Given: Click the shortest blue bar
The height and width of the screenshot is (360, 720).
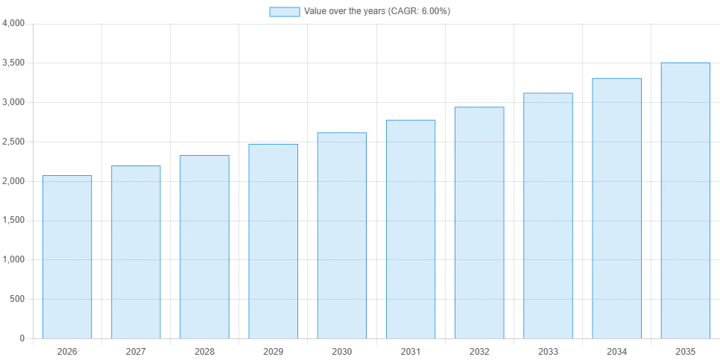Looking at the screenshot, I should pyautogui.click(x=68, y=256).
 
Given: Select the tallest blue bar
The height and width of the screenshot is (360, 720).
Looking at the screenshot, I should pyautogui.click(x=685, y=200).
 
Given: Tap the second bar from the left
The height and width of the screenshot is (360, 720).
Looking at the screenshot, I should pyautogui.click(x=134, y=250).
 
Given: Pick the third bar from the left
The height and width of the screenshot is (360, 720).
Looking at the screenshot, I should pyautogui.click(x=205, y=247).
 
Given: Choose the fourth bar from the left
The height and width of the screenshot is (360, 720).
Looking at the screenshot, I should pyautogui.click(x=271, y=241).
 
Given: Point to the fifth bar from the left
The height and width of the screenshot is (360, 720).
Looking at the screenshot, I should pyautogui.click(x=342, y=235).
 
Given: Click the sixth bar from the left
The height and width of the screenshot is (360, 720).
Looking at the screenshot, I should pyautogui.click(x=411, y=229).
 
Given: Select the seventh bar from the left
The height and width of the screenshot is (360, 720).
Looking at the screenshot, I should pyautogui.click(x=479, y=222).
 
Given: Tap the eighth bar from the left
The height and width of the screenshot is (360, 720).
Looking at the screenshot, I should pyautogui.click(x=548, y=215).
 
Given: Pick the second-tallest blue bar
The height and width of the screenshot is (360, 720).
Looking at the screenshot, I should pyautogui.click(x=617, y=208).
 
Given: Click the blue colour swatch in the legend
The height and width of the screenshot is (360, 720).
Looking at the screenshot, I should pyautogui.click(x=285, y=12).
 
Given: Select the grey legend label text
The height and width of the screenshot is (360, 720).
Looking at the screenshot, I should pyautogui.click(x=378, y=12).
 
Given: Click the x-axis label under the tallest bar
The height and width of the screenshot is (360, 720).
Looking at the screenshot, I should pyautogui.click(x=685, y=350).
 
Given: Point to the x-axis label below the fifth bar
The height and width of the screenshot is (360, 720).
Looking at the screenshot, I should pyautogui.click(x=341, y=350).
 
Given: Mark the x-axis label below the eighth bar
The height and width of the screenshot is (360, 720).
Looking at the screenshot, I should pyautogui.click(x=548, y=350).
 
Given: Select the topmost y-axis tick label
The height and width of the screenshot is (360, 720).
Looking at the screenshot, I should pyautogui.click(x=16, y=25).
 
